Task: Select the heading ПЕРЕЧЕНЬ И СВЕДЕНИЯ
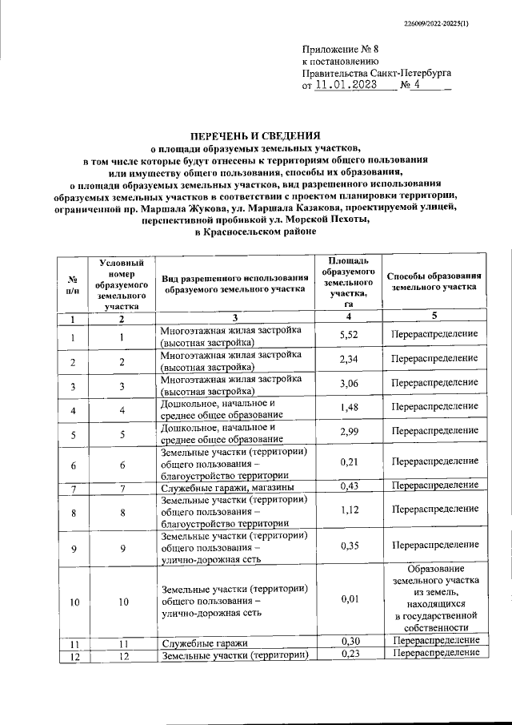[255, 135]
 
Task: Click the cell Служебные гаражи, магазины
[227, 487]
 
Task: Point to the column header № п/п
[73, 283]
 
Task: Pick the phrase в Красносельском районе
[255, 232]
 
